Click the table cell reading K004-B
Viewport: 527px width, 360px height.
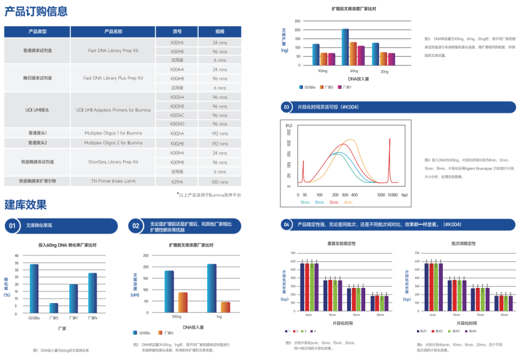(177, 78)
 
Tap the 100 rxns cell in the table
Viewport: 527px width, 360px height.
(219, 181)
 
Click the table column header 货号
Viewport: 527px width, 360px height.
(177, 32)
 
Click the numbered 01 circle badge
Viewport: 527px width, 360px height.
(12, 226)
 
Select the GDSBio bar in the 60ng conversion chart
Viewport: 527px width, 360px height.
(34, 288)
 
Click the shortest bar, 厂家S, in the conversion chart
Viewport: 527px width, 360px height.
(54, 308)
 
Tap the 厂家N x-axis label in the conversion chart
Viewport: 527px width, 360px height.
(92, 318)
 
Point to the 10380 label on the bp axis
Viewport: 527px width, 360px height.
(392, 195)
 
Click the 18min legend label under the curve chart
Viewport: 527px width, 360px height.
(305, 202)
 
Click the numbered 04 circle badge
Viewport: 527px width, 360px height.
(287, 225)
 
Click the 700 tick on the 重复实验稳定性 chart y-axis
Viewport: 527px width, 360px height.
(293, 253)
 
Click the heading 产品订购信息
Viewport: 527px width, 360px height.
(36, 12)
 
